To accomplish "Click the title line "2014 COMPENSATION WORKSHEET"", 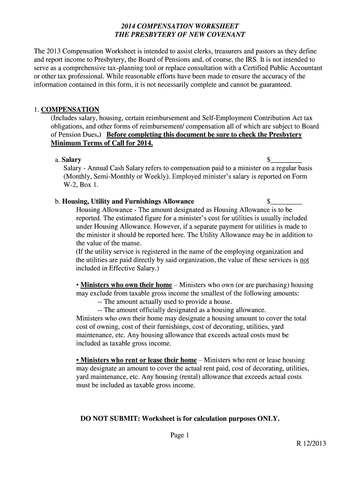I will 180,26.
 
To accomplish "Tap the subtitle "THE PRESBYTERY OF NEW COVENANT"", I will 180,35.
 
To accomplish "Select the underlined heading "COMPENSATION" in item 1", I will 70,110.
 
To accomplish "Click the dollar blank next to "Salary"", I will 286,160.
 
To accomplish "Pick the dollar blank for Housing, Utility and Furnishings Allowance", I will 286,202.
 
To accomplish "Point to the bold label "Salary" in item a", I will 72,160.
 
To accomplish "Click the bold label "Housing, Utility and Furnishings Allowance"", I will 128,202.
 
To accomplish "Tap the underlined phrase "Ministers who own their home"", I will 126,285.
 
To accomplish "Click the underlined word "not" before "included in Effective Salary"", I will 304,260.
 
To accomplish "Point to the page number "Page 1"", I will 180,435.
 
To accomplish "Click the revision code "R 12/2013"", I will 311,444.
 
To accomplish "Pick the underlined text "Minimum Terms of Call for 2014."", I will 102,143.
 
